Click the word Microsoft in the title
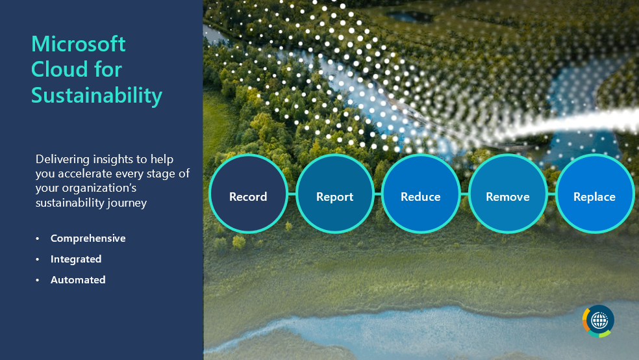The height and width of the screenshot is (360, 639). [79, 44]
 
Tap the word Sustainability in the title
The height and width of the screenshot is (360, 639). [97, 95]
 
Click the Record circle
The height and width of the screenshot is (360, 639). [248, 194]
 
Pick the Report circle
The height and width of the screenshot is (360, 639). [334, 194]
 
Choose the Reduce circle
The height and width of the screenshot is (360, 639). [421, 194]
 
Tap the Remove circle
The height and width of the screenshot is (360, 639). [507, 194]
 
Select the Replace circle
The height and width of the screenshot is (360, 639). [594, 194]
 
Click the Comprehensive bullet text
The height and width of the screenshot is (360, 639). [88, 238]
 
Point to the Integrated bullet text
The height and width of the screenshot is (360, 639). [76, 259]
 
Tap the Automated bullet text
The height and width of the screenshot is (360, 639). [78, 280]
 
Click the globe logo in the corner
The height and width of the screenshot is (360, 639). [598, 321]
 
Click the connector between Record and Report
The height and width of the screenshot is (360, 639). [291, 194]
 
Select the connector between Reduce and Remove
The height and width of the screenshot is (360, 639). [464, 194]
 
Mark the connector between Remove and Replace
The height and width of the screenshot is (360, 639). [551, 194]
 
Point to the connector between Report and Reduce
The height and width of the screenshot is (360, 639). [377, 194]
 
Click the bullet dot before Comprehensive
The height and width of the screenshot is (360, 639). [38, 239]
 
